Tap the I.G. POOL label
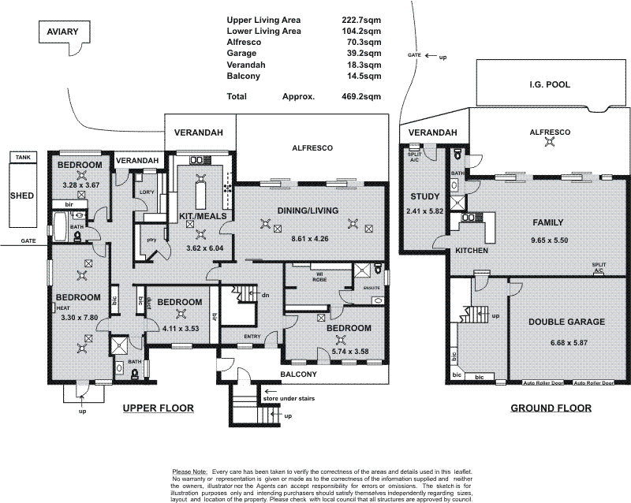point(549,84)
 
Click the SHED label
point(21,195)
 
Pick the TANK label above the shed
point(21,158)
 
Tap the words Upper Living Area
point(263,19)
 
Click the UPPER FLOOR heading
point(158,408)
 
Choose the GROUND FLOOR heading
point(550,408)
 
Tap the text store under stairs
point(301,399)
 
